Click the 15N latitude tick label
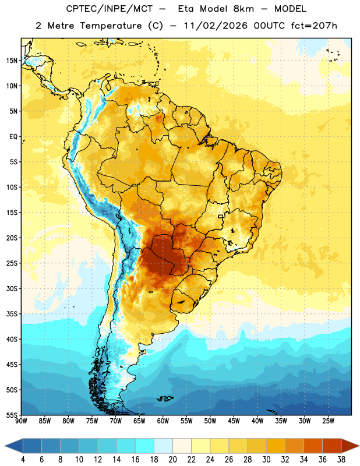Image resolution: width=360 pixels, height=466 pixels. [12, 61]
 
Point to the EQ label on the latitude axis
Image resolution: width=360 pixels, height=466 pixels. [13, 137]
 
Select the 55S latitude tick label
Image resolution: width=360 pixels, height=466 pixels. [12, 415]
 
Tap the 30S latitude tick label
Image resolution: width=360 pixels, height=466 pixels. [12, 288]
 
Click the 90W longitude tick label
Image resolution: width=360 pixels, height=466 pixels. [21, 421]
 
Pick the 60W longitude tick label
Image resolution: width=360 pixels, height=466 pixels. [163, 421]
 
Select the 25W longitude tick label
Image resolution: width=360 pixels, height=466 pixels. [328, 421]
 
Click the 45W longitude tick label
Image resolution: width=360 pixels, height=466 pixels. [234, 421]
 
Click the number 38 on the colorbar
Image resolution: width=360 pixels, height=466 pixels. [341, 460]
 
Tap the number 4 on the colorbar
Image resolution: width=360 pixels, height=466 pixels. [23, 460]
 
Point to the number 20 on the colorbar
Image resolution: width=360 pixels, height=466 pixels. [172, 460]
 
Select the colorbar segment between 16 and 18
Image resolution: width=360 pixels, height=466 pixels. [145, 446]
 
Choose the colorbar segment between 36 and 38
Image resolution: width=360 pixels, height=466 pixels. [332, 446]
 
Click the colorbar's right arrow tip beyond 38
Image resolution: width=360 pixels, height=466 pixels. [359, 446]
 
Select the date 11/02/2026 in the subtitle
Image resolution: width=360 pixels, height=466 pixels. [216, 26]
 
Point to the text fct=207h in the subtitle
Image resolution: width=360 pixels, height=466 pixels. [314, 26]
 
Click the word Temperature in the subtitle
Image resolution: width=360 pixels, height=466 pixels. [111, 26]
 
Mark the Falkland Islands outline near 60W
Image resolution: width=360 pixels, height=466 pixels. [164, 398]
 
